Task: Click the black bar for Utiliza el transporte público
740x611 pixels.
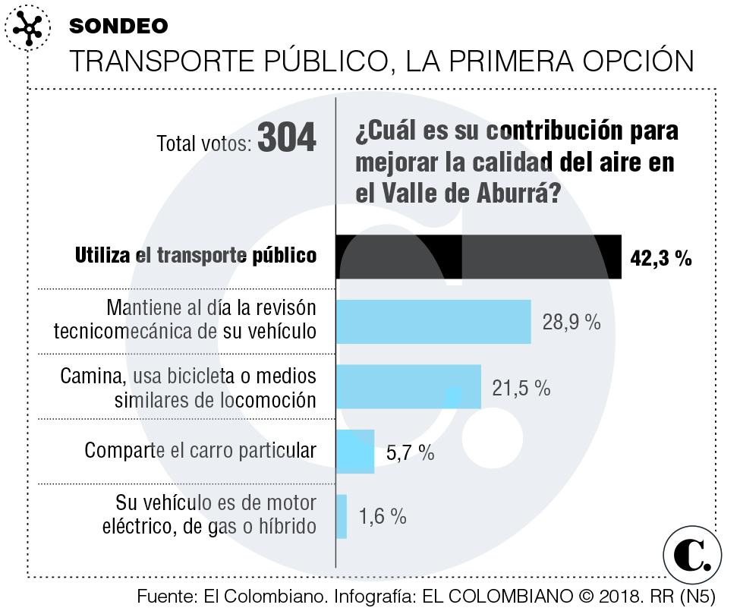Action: tap(478, 257)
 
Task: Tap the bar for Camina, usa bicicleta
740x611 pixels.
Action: tap(408, 387)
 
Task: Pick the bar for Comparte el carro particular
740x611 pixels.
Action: tap(355, 452)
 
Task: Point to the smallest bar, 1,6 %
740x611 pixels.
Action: tap(342, 517)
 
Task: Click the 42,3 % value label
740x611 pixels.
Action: tap(660, 258)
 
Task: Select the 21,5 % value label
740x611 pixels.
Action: tap(521, 388)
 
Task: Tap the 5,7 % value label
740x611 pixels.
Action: tap(410, 453)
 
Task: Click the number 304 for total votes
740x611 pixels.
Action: tap(287, 139)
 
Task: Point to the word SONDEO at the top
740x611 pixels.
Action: tap(118, 26)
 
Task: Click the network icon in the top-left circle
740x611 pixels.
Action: tap(28, 29)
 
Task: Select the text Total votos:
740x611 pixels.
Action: tap(203, 143)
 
